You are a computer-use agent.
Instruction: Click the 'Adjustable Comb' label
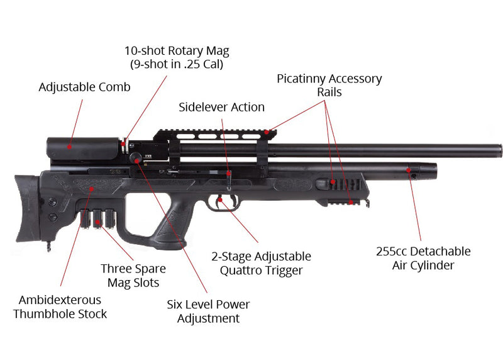84,87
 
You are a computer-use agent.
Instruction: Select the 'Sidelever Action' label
221,107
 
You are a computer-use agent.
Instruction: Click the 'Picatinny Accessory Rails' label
329,85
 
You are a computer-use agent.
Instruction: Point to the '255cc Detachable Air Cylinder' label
423,258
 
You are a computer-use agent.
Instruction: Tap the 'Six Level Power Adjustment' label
208,311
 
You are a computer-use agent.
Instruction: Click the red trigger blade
221,202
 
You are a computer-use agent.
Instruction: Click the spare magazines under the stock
99,218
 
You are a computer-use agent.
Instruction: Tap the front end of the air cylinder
433,170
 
